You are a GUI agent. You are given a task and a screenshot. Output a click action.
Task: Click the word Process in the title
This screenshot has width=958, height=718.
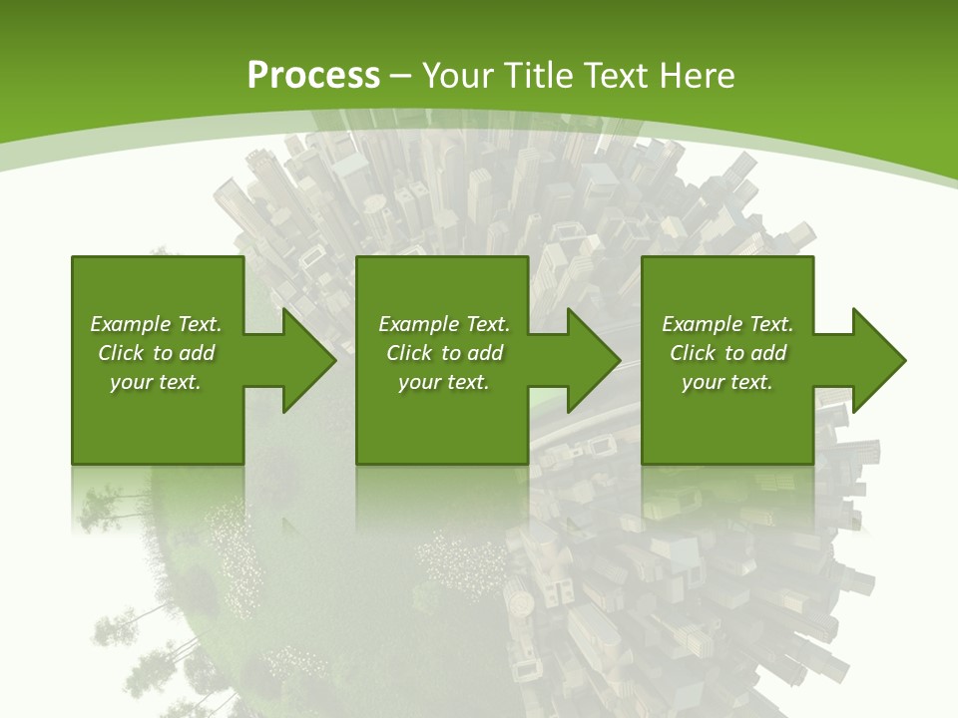point(313,76)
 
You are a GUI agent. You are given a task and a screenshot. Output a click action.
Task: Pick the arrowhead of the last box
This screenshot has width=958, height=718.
point(877,360)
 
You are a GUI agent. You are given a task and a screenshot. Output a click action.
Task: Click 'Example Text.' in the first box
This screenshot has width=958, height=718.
point(156,324)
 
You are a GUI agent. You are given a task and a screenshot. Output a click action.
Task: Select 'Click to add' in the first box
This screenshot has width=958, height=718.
point(156,353)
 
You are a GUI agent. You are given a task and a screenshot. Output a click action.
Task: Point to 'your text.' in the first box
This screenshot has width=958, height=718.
point(156,382)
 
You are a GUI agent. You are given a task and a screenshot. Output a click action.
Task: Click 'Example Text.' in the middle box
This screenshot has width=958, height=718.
point(444,324)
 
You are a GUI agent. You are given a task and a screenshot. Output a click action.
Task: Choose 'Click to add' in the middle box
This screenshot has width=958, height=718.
point(444,353)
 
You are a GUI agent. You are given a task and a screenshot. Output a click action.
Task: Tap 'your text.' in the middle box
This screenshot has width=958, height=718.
point(444,382)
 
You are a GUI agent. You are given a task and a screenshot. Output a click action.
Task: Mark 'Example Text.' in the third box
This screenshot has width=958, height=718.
point(727,324)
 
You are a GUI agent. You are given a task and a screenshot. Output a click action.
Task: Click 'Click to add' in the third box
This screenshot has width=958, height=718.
point(727,353)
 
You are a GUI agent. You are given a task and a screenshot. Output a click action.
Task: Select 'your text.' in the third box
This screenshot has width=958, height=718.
point(727,382)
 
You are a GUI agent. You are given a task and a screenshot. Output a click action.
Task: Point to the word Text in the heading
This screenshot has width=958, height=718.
point(618,76)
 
